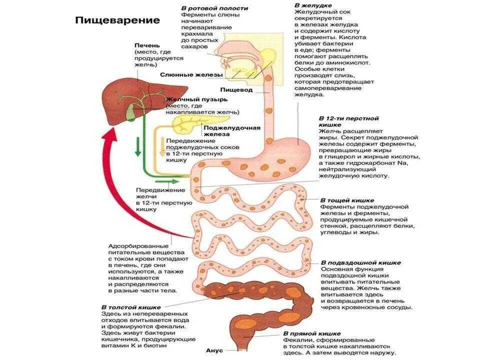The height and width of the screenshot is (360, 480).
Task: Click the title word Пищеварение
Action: pyautogui.click(x=117, y=20)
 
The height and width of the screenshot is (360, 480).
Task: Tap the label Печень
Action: pyautogui.click(x=147, y=45)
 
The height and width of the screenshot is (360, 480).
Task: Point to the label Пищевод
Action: pyautogui.click(x=239, y=90)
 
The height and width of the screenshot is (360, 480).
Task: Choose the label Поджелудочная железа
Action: pyautogui.click(x=231, y=131)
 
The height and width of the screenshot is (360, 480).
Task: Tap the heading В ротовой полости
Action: pyautogui.click(x=214, y=8)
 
